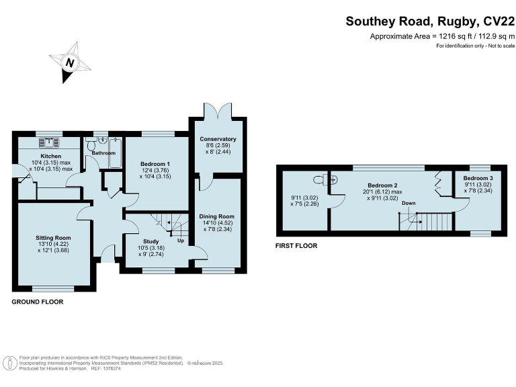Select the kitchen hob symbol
tap(50, 142)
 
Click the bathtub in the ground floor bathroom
tap(115, 154)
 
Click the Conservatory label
tap(218, 139)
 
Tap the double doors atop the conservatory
tap(218, 109)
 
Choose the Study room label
tap(150, 241)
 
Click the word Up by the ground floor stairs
tap(180, 241)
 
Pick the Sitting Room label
tap(53, 238)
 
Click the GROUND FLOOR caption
tap(38, 302)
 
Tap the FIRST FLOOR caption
tap(296, 246)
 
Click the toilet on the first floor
tap(325, 179)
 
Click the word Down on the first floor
tap(408, 203)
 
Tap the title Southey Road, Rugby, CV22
tap(430, 21)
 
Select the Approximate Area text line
tap(442, 36)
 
